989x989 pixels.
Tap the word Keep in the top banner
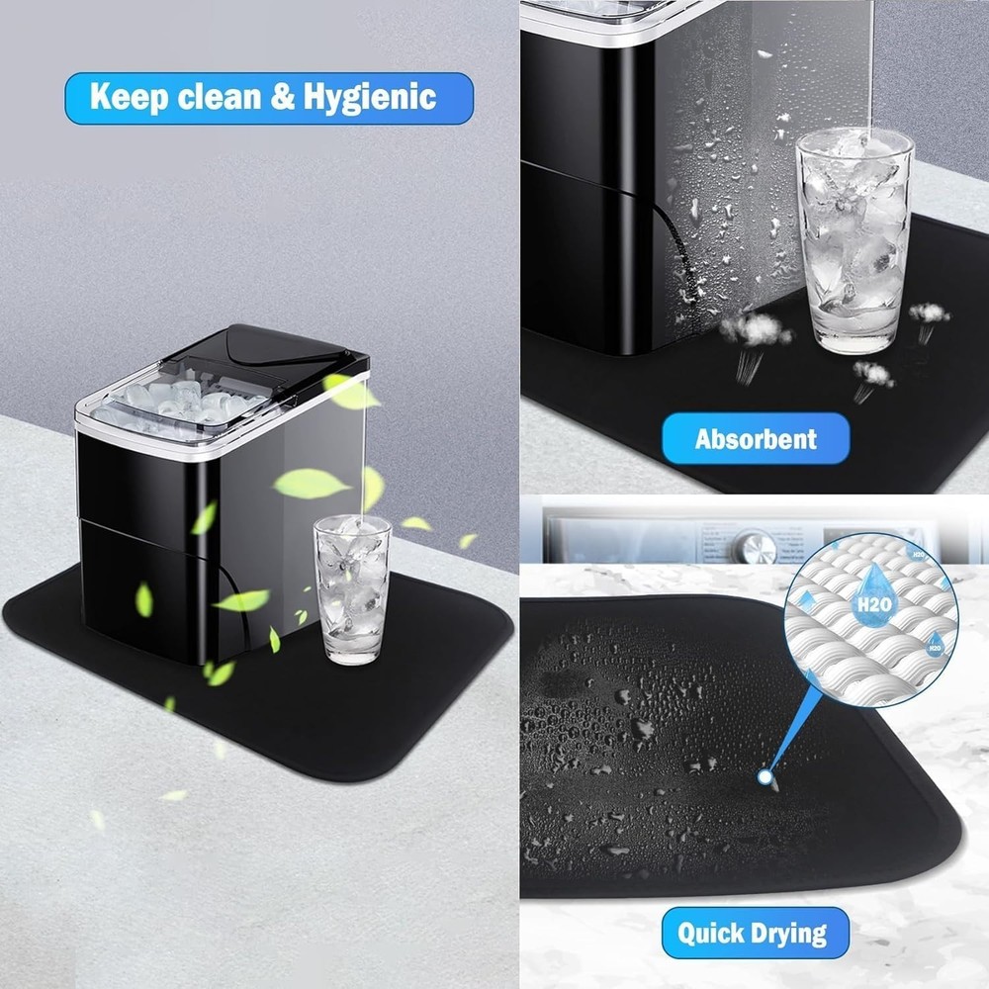(x=125, y=97)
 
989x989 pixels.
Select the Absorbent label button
(x=756, y=438)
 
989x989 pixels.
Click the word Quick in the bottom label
(x=712, y=932)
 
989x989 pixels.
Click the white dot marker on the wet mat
(x=764, y=778)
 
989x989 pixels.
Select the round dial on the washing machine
(x=754, y=545)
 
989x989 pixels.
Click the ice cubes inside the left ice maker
(x=188, y=400)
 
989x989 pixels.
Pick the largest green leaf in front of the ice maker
(x=311, y=484)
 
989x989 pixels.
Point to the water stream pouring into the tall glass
(x=869, y=59)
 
